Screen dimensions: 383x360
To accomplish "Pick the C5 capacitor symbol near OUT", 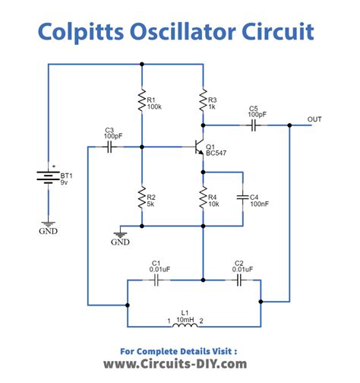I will click(x=255, y=124).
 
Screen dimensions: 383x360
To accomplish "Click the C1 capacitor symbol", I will click(x=156, y=280).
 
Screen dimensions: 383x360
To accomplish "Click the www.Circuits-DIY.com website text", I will click(x=175, y=364).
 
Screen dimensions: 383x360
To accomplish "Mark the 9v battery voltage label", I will click(x=65, y=183).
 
